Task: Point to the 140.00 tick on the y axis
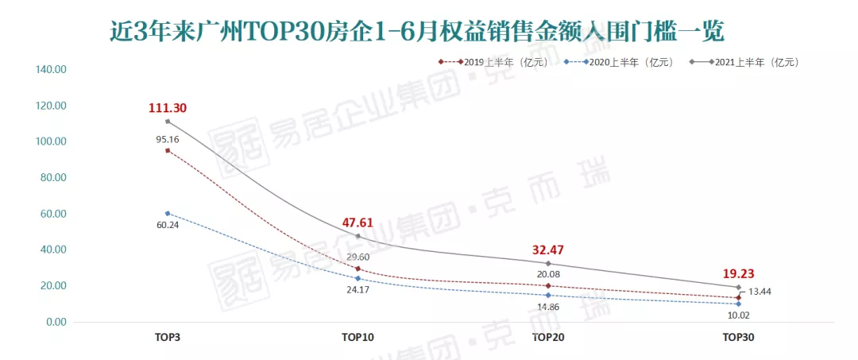(52, 70)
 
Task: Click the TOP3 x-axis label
(167, 338)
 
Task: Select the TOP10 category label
(357, 338)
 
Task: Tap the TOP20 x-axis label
(548, 338)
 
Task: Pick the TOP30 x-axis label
(738, 338)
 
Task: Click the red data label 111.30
(167, 108)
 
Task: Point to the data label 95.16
(167, 140)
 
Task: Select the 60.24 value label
(167, 225)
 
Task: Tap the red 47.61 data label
(357, 223)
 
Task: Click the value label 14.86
(548, 306)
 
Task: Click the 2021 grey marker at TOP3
(168, 121)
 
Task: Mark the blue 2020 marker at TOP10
(357, 278)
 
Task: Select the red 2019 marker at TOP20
(548, 285)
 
